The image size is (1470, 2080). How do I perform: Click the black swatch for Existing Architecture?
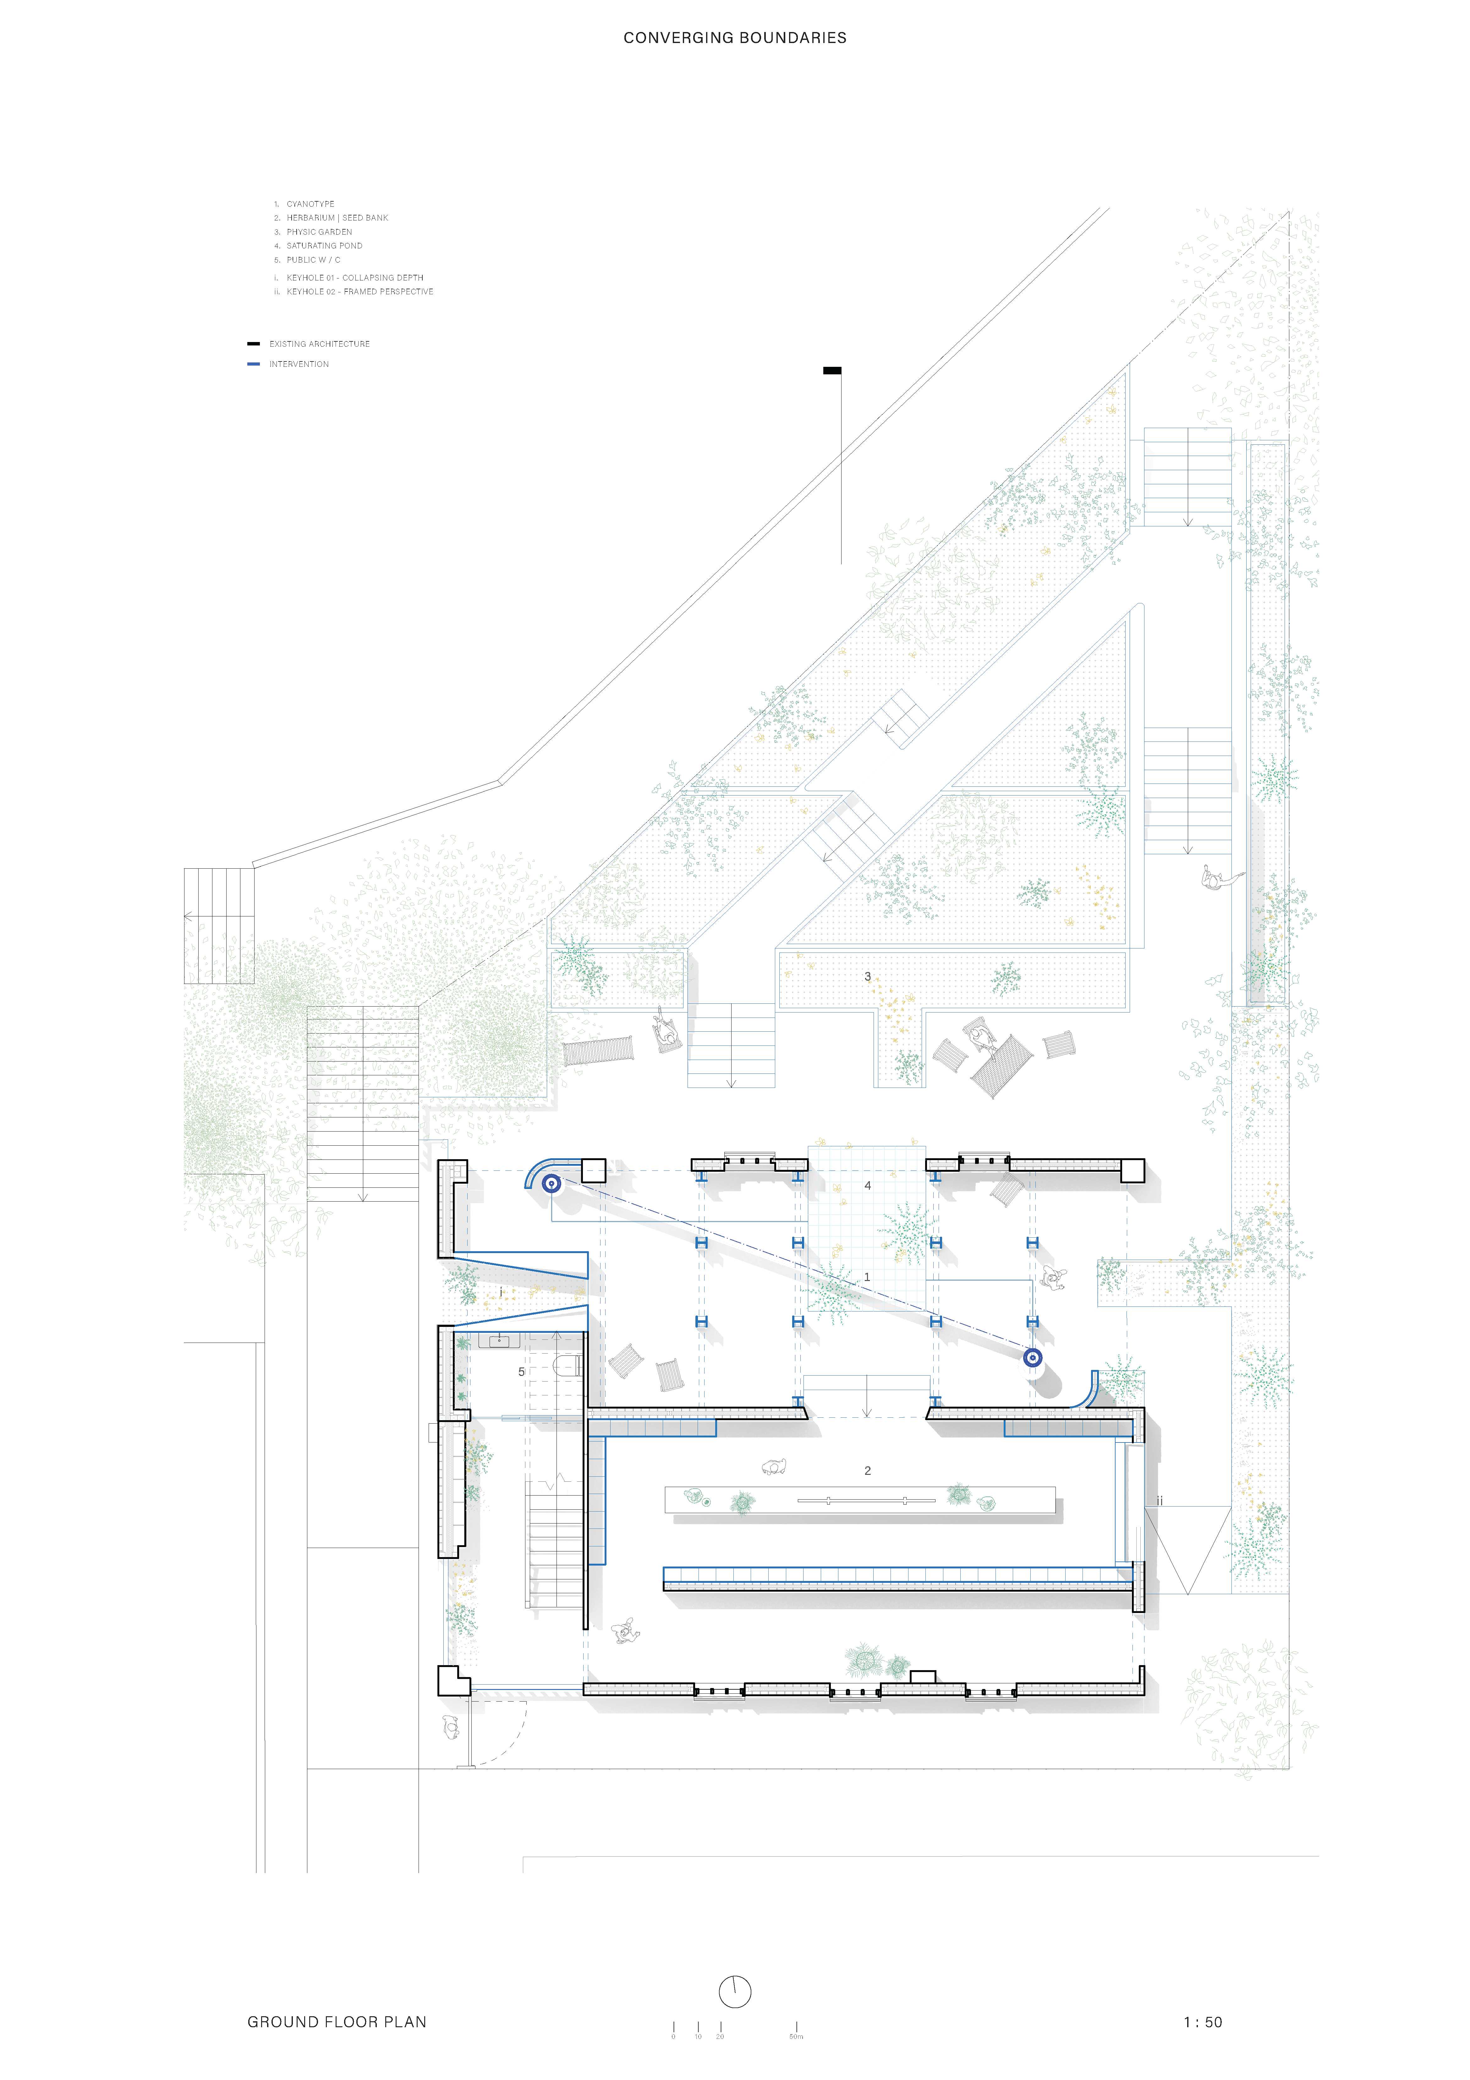coord(254,344)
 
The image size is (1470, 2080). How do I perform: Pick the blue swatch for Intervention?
coord(254,364)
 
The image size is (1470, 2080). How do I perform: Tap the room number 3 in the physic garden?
coord(867,977)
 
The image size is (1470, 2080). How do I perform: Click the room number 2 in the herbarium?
coord(867,1470)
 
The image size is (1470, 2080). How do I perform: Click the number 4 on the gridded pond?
coord(867,1185)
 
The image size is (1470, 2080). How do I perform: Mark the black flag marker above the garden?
coord(832,371)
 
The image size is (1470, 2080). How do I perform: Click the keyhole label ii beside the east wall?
coord(1159,1501)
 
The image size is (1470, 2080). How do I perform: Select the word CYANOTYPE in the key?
coord(310,204)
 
